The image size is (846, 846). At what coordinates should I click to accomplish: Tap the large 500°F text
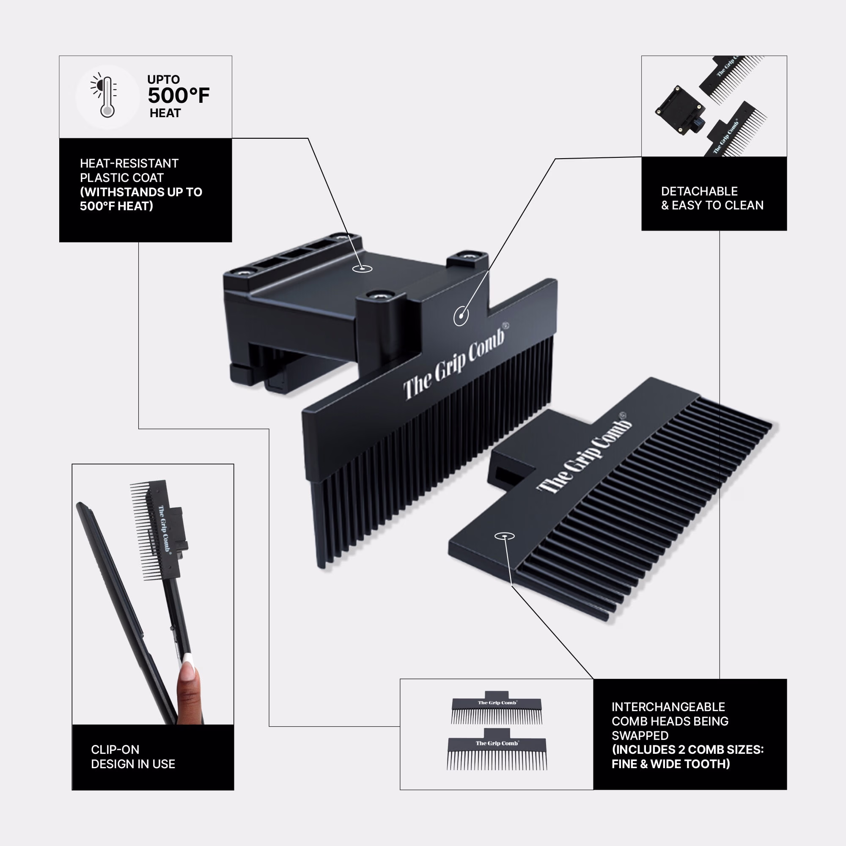(179, 96)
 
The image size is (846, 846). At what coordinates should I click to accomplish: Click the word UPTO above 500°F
(163, 79)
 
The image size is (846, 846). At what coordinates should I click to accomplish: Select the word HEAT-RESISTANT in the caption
(129, 163)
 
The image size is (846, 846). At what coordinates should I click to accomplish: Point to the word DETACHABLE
(699, 191)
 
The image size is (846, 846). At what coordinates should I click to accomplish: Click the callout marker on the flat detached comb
(505, 536)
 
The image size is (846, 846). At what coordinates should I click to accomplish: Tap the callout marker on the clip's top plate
(362, 269)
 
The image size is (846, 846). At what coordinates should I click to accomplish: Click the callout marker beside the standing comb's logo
(461, 315)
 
